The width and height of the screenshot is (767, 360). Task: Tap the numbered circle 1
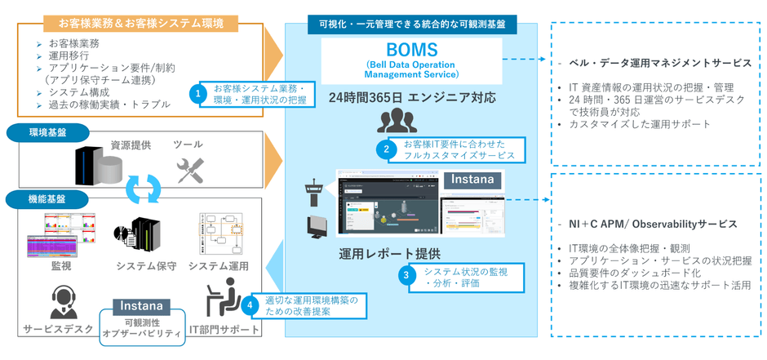(197, 94)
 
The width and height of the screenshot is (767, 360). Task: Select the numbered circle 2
(386, 150)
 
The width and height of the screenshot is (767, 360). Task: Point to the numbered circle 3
(406, 276)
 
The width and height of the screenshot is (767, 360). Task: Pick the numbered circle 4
(251, 306)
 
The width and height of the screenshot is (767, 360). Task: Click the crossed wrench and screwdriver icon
(189, 170)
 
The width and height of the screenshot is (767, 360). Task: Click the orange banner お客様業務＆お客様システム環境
(141, 23)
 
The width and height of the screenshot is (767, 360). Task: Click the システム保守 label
(146, 266)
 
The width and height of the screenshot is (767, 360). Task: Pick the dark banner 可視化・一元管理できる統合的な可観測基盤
(411, 24)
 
